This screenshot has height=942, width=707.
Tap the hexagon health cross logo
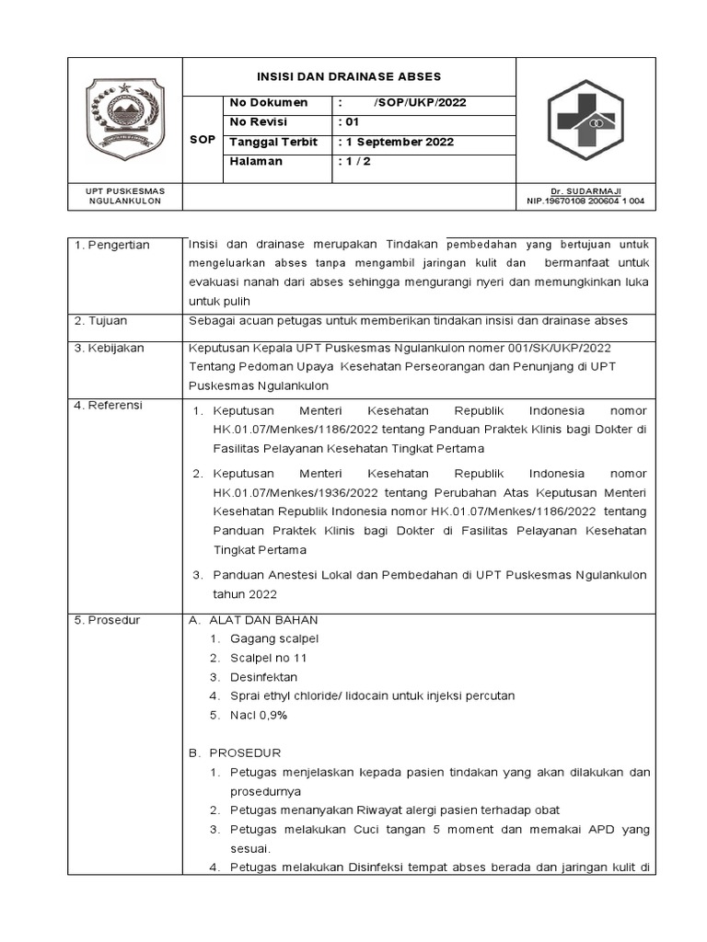(x=585, y=120)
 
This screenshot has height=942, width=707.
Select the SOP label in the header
(x=202, y=140)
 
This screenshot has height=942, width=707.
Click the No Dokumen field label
(x=268, y=102)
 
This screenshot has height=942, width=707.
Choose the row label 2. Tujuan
(x=102, y=320)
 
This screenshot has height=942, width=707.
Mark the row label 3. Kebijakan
(x=108, y=350)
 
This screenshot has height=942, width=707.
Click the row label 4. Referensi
(x=109, y=405)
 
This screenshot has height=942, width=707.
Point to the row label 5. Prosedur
(x=107, y=620)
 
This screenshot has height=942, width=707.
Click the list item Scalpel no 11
(x=269, y=658)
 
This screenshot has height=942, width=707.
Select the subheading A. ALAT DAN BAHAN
(x=253, y=620)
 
